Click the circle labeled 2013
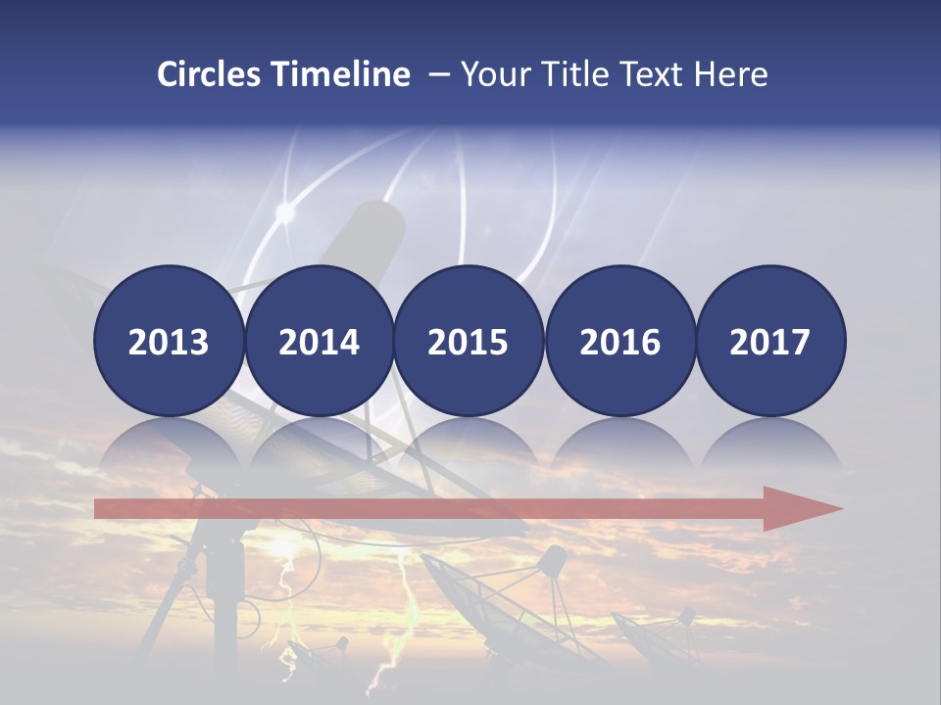(x=169, y=341)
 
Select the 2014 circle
(x=319, y=341)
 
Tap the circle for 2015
(x=469, y=341)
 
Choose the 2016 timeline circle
(x=619, y=341)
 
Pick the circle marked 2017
(x=770, y=341)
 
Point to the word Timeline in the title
(x=342, y=74)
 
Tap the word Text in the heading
(x=652, y=74)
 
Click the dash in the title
(x=438, y=74)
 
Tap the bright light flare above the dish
(x=285, y=211)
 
